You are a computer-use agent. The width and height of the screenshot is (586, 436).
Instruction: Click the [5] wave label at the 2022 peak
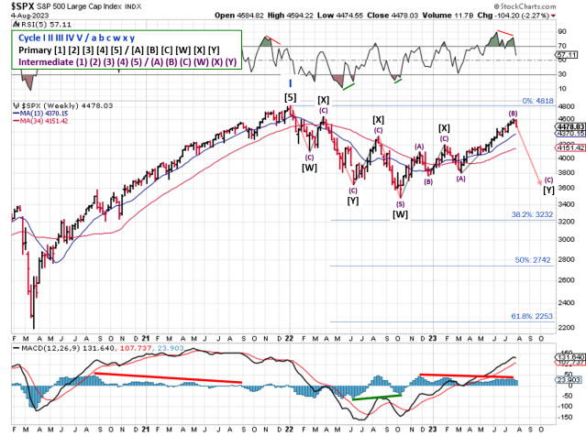(290, 97)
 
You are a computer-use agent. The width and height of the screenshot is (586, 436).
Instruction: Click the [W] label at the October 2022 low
(400, 213)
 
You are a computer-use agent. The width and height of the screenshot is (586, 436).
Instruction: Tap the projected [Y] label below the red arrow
(548, 190)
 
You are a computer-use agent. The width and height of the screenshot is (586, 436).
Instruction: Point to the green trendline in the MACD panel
(376, 397)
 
